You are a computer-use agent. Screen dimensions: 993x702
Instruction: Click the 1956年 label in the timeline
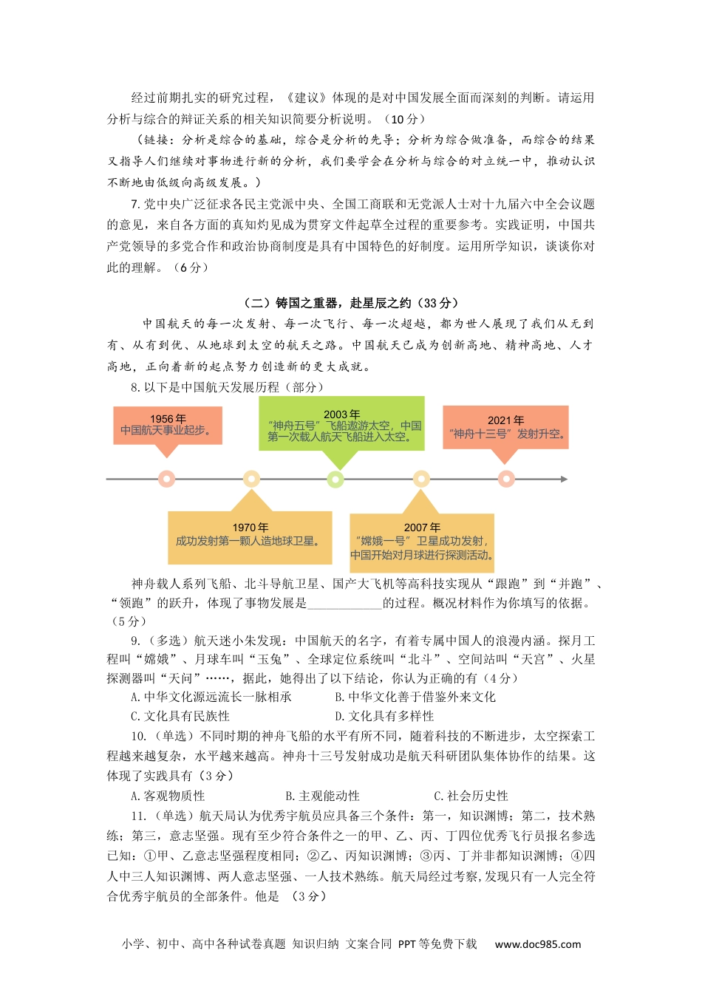[168, 419]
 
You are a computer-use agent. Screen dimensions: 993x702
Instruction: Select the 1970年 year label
[250, 528]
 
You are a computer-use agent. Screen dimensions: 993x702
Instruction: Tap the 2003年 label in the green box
[341, 414]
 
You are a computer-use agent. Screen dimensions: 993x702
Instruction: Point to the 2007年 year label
[422, 528]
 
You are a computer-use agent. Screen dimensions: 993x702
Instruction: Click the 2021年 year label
[505, 420]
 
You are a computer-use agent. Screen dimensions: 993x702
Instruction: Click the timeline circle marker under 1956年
[167, 480]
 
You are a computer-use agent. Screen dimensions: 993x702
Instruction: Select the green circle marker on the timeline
[335, 480]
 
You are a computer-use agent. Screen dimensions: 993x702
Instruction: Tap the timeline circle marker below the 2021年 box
[506, 480]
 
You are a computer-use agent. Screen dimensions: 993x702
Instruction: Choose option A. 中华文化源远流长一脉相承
[211, 697]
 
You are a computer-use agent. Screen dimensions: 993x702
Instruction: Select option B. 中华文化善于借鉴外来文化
[415, 697]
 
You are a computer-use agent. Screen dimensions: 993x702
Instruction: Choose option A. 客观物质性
[168, 796]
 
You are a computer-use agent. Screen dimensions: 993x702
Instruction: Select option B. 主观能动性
[322, 796]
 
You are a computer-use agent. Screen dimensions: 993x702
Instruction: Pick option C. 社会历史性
[471, 796]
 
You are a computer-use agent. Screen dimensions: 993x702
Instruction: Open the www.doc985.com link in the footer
[537, 944]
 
